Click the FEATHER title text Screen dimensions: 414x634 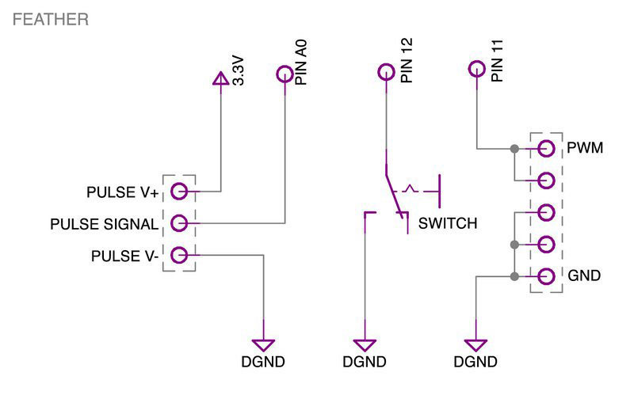point(50,20)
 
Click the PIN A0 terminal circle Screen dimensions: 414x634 point(285,74)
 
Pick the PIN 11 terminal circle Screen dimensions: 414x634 point(475,68)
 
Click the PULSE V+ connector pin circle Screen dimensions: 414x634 point(179,191)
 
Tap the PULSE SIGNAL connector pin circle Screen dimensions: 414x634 point(179,223)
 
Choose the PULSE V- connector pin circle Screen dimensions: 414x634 point(179,255)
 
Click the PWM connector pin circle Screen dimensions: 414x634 point(545,148)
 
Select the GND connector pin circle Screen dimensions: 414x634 point(545,276)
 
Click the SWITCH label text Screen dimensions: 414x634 point(448,224)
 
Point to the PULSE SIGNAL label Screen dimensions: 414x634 point(104,225)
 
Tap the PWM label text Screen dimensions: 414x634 point(586,148)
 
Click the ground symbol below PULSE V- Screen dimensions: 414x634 point(263,345)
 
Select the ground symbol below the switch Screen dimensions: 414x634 point(365,345)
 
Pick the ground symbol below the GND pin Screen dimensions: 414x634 point(476,345)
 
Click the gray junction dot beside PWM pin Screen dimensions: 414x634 point(514,148)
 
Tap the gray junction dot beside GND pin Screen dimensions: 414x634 point(514,276)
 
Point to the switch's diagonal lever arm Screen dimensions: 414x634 point(392,188)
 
